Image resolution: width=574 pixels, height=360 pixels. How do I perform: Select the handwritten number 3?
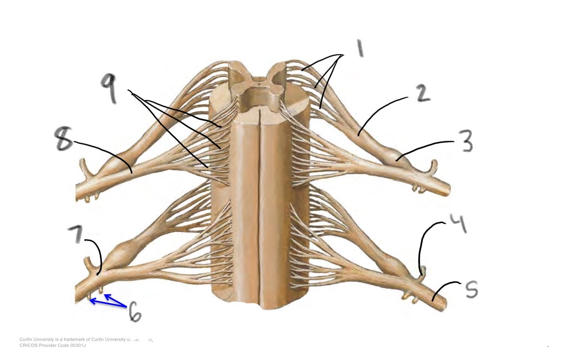pos(465,142)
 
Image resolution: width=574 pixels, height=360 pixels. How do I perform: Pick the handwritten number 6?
pos(135,312)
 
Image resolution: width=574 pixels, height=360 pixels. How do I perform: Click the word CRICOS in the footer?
pos(28,345)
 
